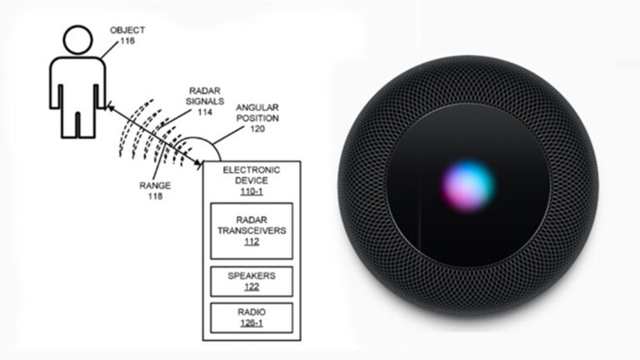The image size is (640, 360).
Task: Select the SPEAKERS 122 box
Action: pyautogui.click(x=252, y=280)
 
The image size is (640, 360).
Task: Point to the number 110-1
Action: pyautogui.click(x=253, y=190)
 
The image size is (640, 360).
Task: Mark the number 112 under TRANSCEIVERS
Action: pyautogui.click(x=252, y=243)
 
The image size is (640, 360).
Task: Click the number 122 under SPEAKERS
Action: pyautogui.click(x=252, y=287)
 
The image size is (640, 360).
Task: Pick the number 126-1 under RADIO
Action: pyautogui.click(x=252, y=325)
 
